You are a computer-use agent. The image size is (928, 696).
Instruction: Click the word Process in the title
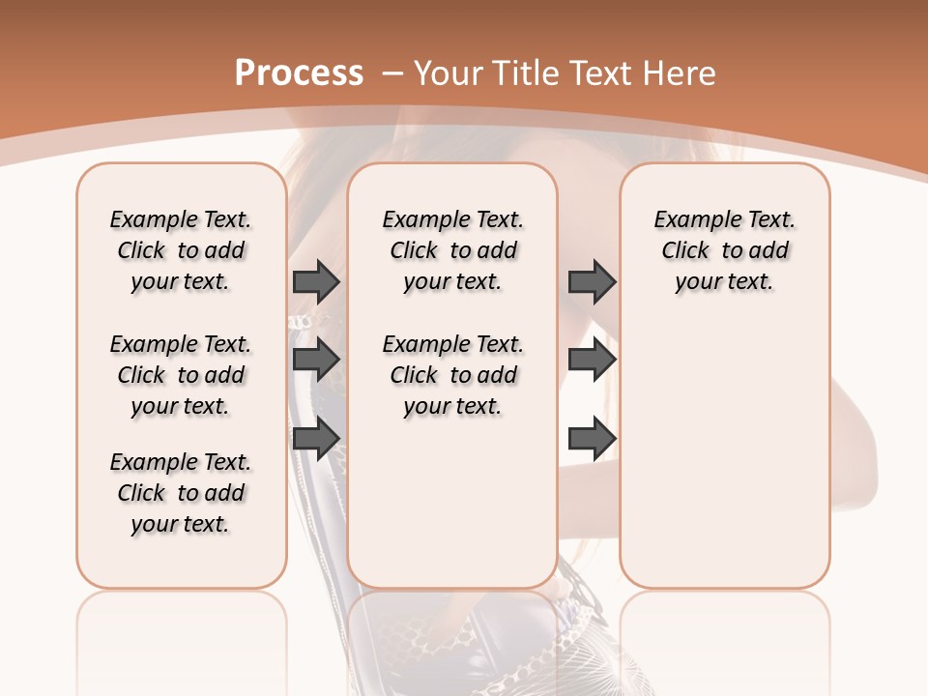coord(299,73)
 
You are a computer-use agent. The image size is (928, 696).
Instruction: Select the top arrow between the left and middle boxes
coord(316,282)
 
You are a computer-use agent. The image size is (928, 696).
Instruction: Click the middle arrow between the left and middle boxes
coord(316,361)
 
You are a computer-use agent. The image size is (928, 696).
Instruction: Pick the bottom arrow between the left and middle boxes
coord(316,439)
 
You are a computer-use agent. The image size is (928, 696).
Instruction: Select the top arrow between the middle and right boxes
coord(592,282)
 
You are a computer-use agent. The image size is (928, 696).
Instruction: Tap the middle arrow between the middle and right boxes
coord(592,361)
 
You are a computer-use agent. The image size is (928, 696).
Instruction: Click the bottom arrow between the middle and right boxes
coord(592,439)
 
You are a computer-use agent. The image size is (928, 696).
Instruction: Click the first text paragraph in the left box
coord(181,250)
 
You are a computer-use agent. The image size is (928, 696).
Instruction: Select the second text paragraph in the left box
coord(181,375)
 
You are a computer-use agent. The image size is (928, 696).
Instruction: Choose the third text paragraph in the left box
coord(181,493)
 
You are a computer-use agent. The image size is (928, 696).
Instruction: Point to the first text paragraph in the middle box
coord(452,250)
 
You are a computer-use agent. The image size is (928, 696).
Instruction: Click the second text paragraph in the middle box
coord(452,375)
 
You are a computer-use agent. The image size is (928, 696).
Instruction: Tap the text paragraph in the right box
coord(724,250)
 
